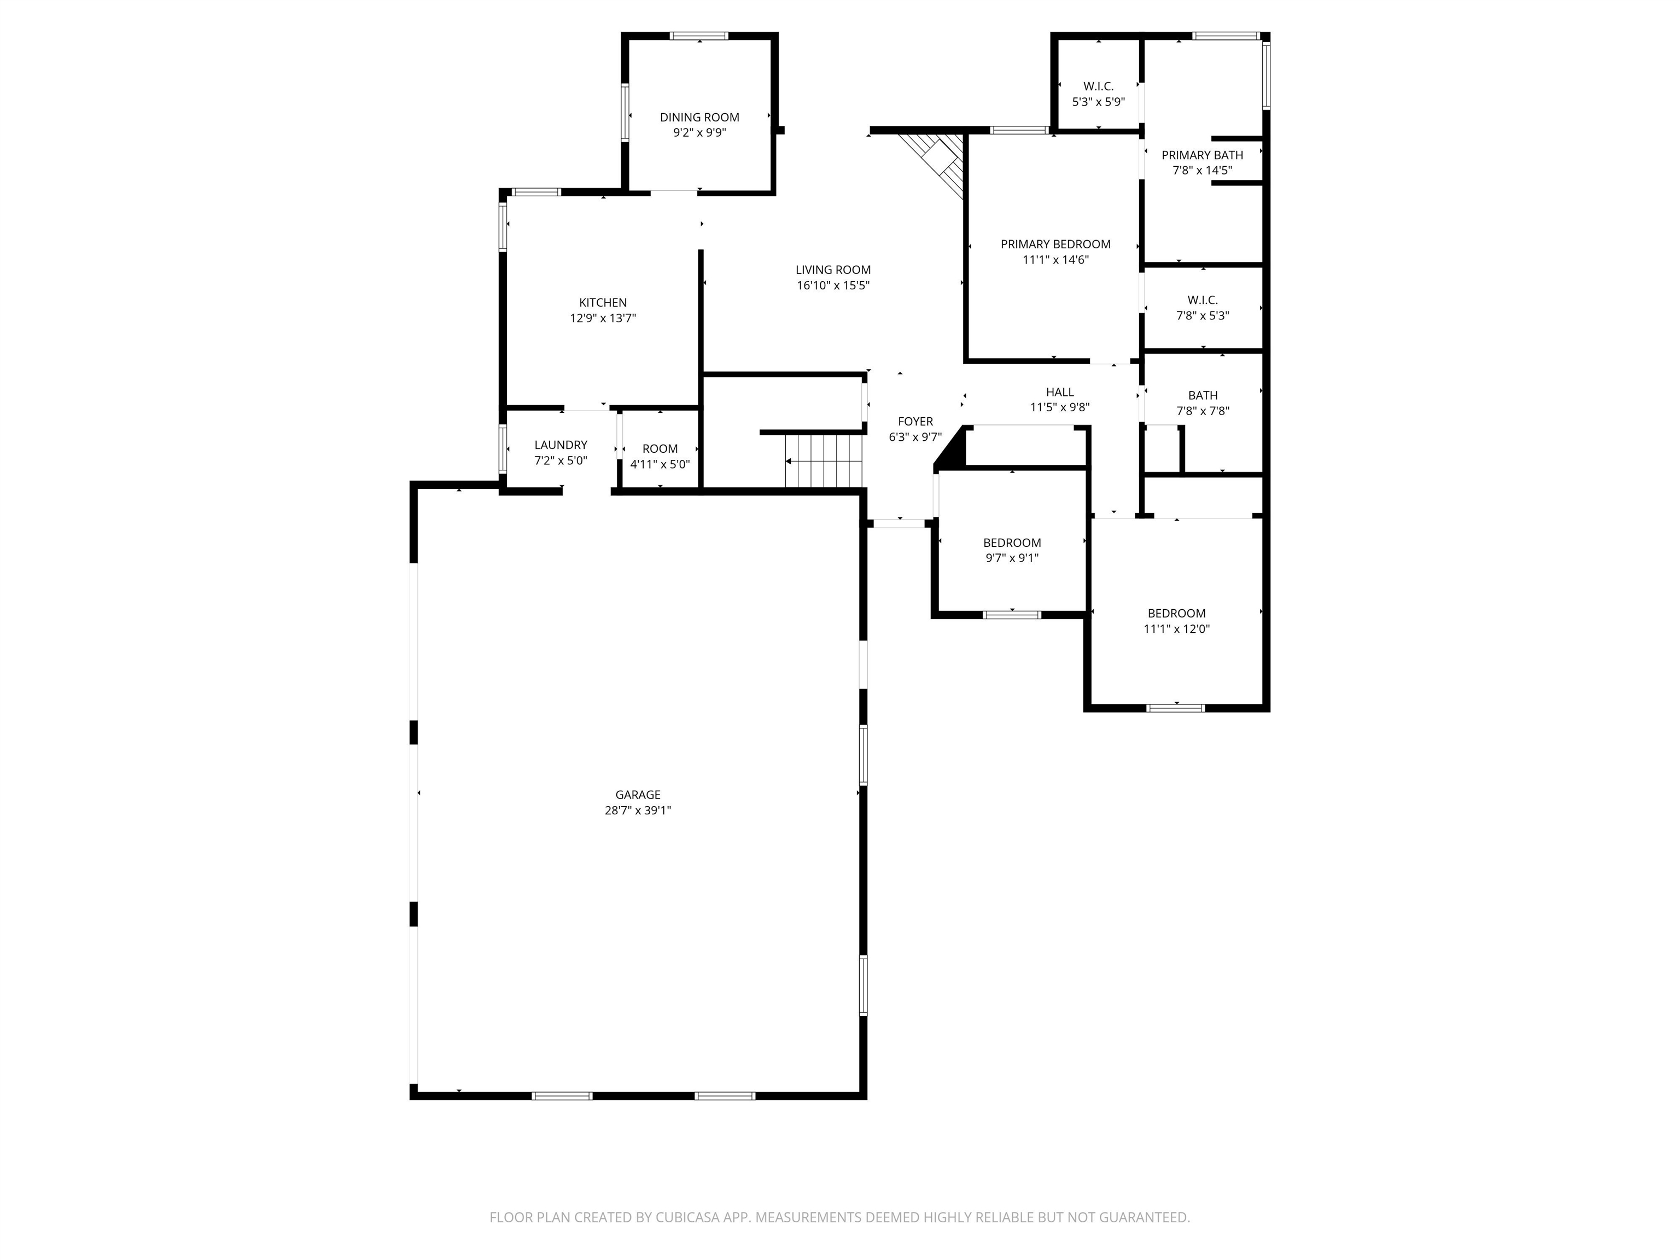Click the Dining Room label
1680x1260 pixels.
click(699, 117)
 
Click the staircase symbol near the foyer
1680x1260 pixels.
click(824, 460)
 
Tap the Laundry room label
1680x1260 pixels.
click(561, 445)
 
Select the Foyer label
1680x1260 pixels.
click(914, 422)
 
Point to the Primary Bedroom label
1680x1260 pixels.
click(1055, 244)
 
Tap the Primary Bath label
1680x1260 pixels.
click(1201, 155)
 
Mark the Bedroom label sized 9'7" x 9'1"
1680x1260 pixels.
click(1012, 543)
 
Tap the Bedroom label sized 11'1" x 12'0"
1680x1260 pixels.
click(1176, 614)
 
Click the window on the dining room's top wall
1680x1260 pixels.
click(699, 36)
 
